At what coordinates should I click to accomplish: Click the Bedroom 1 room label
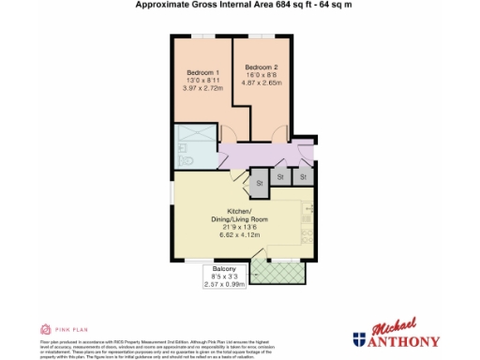point(203,73)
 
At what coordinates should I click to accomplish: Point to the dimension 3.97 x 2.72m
point(203,88)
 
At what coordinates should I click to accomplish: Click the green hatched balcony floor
point(280,270)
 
